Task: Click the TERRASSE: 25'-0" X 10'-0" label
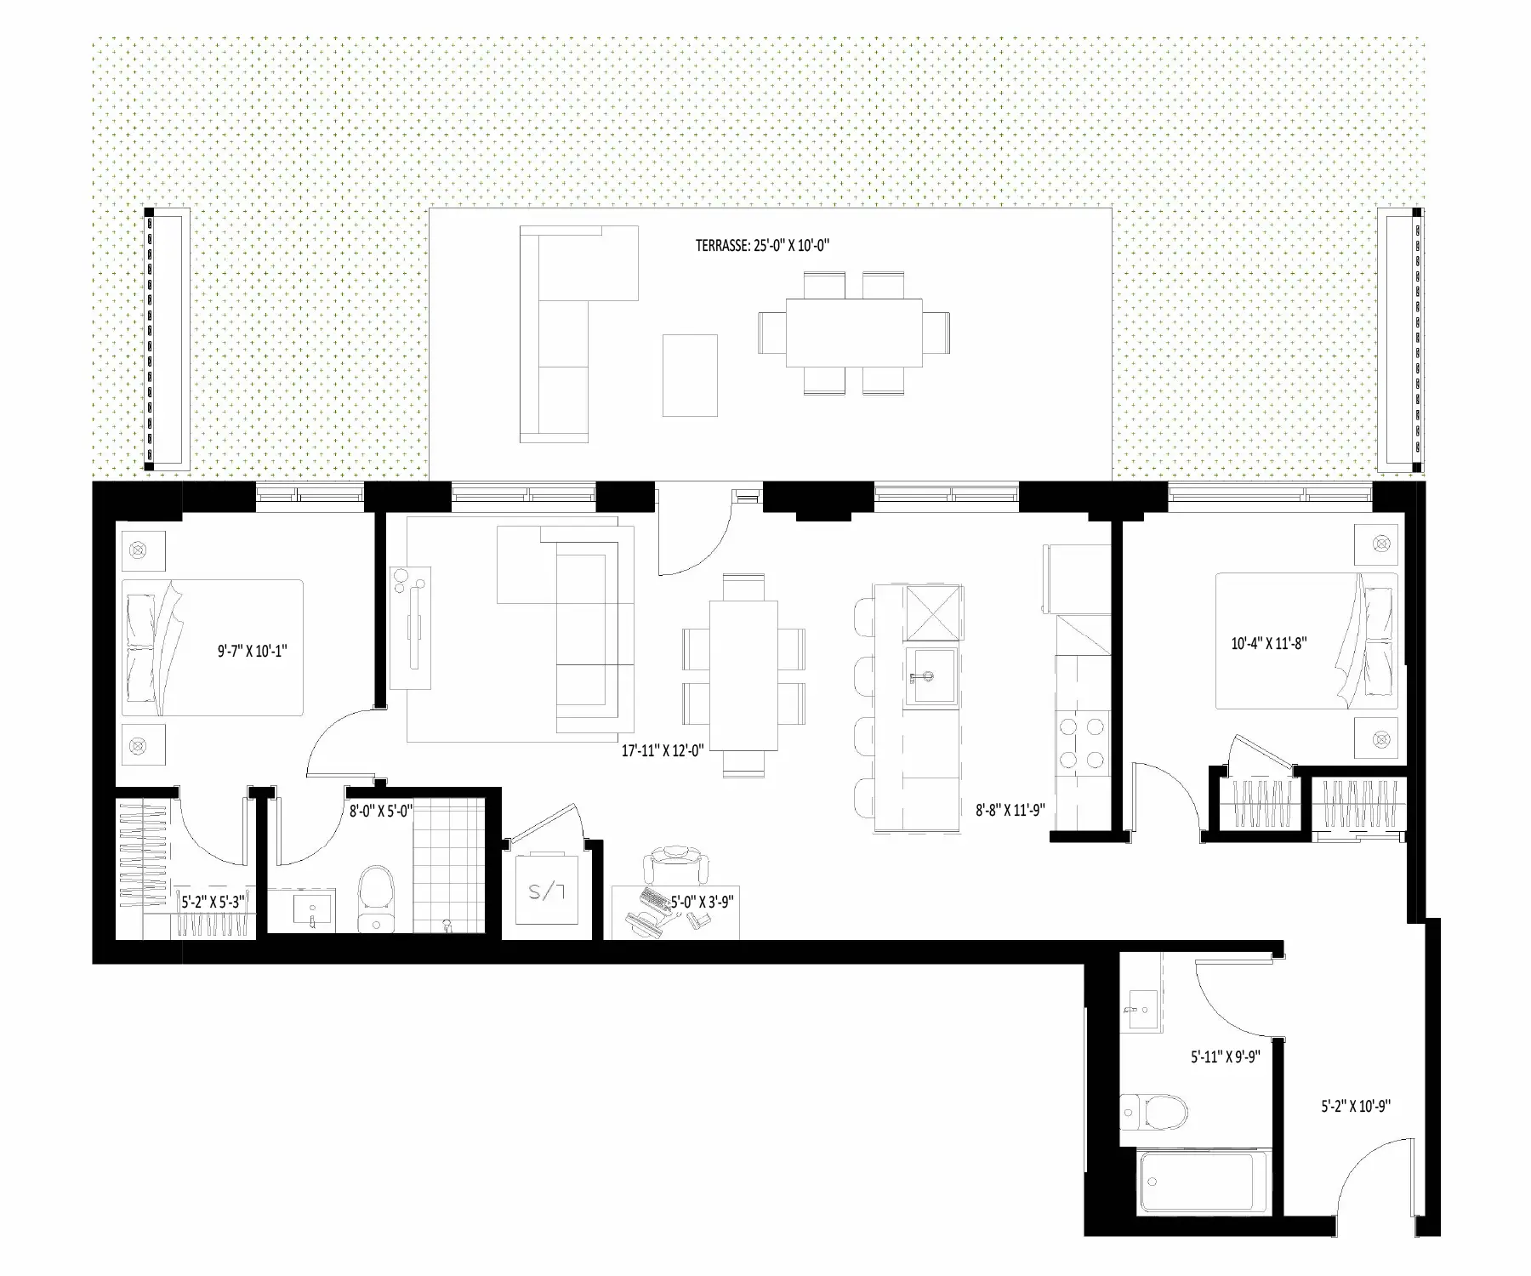coord(762,246)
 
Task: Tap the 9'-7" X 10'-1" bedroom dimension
coord(253,652)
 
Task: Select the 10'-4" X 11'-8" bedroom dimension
coord(1269,643)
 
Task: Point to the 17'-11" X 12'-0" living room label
coord(663,751)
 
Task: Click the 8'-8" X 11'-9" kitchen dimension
coord(1010,811)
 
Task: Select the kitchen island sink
coord(931,676)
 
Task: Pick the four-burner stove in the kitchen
coord(1082,742)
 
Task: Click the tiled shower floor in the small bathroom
coord(448,865)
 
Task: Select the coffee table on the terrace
coord(690,375)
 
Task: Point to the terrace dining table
coord(854,332)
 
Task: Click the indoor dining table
coord(743,675)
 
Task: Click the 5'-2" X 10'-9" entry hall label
coord(1356,1107)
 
